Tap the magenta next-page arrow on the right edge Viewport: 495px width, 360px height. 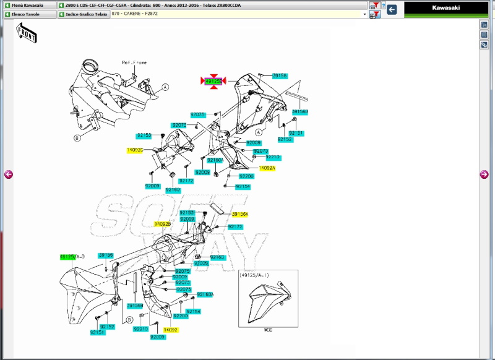(484, 174)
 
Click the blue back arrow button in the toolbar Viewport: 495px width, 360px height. (392, 9)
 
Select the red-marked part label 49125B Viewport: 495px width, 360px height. (213, 81)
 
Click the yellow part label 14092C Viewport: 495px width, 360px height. (135, 150)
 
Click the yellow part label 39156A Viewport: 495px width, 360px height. (240, 214)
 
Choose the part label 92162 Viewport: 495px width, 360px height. (173, 190)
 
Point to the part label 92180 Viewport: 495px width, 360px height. (217, 257)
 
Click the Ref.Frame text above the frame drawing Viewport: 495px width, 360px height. (134, 62)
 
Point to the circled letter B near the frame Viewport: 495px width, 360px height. (77, 138)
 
